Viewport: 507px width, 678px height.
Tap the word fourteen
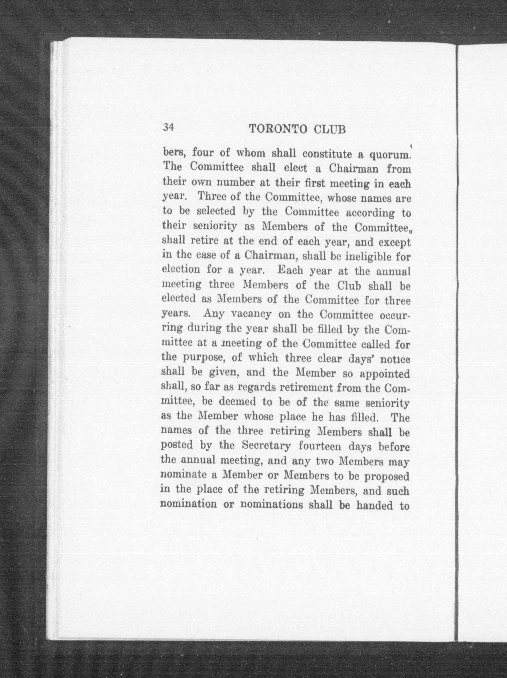tap(320, 446)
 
